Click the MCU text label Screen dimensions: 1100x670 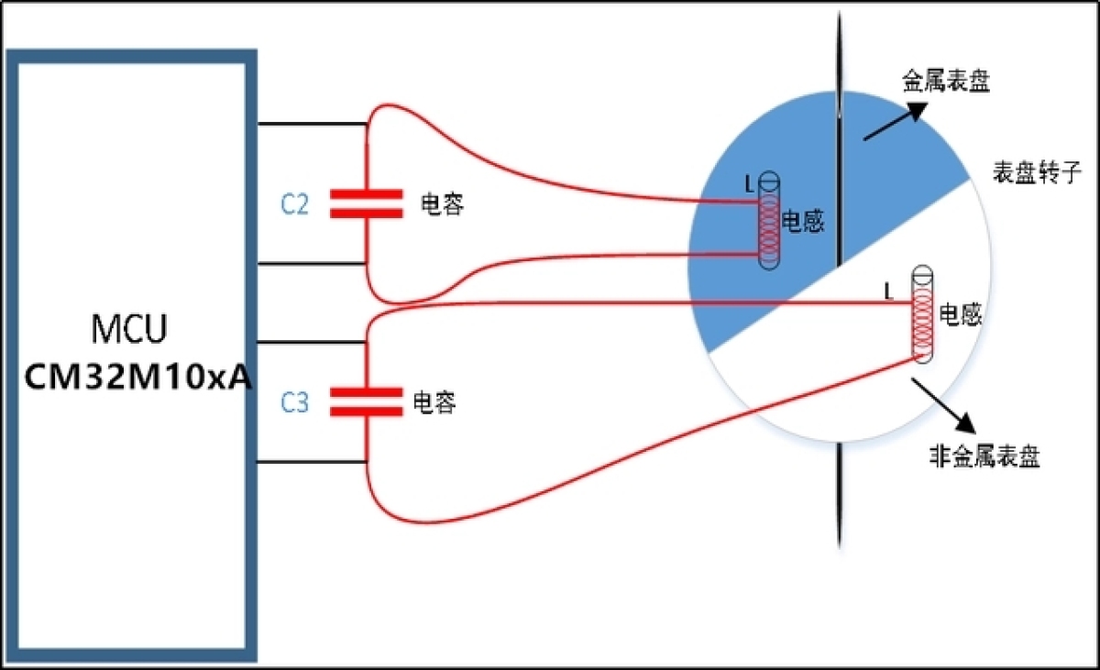click(x=129, y=328)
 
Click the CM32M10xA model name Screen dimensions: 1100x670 click(x=138, y=378)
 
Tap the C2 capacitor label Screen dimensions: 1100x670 click(x=294, y=204)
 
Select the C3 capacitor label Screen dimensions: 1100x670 click(x=294, y=403)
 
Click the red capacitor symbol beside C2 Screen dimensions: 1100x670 click(x=367, y=203)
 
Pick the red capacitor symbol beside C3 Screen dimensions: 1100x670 click(x=367, y=402)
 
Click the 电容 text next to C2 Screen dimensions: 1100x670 click(x=442, y=204)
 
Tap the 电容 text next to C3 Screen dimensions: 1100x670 click(x=434, y=402)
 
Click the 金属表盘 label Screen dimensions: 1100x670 click(x=946, y=81)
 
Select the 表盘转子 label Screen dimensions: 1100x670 click(x=1036, y=172)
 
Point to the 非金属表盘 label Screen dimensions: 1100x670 click(x=985, y=457)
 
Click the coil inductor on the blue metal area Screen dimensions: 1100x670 click(x=769, y=220)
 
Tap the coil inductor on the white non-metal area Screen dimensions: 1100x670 click(x=923, y=314)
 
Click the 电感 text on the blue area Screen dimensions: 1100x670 click(x=803, y=222)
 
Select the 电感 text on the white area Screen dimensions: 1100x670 click(x=961, y=314)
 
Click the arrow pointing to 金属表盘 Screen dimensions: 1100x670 click(x=896, y=121)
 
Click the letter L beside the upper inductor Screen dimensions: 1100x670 click(x=749, y=185)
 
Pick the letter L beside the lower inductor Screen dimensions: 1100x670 click(x=888, y=292)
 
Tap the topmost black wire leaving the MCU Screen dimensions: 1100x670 click(x=312, y=123)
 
